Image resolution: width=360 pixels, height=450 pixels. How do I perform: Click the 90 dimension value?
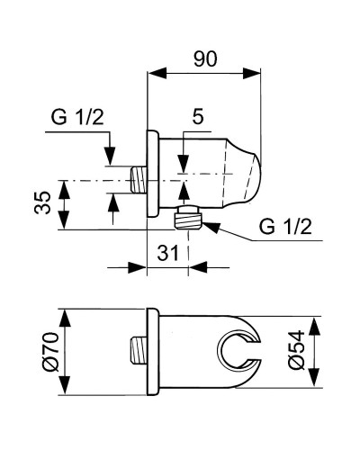click(x=205, y=58)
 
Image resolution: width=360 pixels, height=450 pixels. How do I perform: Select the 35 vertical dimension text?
click(x=42, y=202)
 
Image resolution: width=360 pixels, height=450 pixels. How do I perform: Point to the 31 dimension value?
click(x=168, y=252)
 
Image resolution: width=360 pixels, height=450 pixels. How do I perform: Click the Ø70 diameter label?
click(x=50, y=352)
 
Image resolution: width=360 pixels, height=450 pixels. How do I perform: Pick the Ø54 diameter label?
click(x=296, y=350)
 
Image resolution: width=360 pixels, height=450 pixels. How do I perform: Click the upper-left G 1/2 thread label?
click(x=77, y=117)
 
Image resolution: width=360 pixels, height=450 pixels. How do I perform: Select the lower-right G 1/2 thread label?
click(x=285, y=227)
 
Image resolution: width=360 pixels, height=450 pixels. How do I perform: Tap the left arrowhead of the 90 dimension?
click(x=157, y=73)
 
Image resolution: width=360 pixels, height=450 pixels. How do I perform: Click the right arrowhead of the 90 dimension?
click(x=251, y=73)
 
